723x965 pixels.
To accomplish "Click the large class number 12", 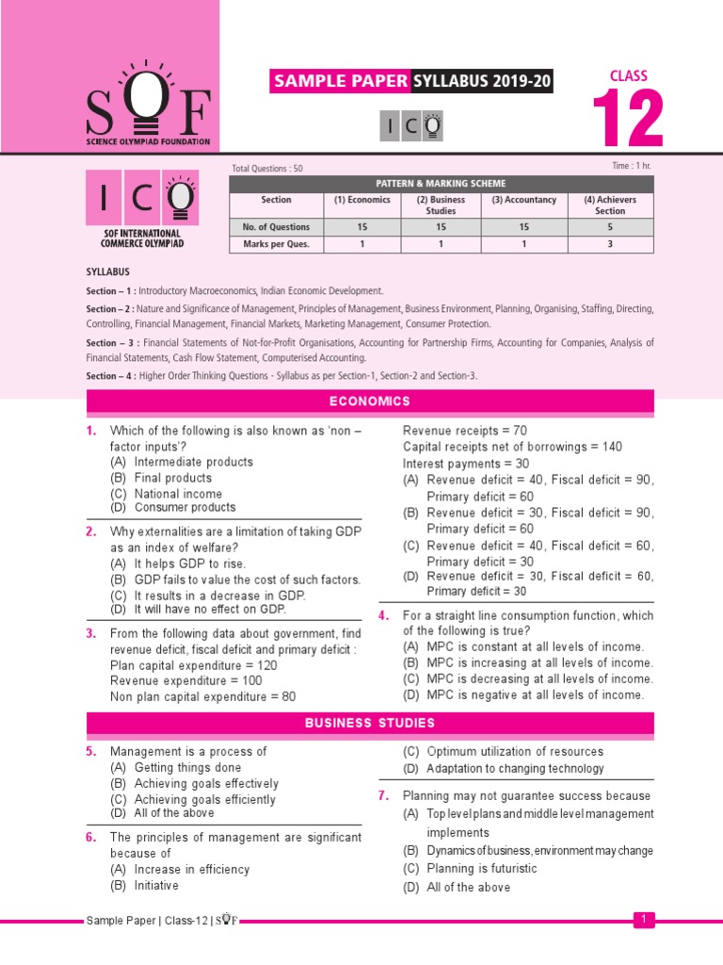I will coord(628,119).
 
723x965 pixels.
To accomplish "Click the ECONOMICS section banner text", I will coord(370,401).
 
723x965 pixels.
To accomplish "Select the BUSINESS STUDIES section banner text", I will coord(370,723).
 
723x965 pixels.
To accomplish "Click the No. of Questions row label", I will coord(277,226).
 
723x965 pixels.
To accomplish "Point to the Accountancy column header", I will coord(523,200).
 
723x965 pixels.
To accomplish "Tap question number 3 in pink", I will coord(92,634).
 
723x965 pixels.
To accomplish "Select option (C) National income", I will coord(167,493).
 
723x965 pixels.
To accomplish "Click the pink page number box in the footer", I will coord(644,919).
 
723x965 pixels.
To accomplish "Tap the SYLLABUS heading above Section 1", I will coord(108,271).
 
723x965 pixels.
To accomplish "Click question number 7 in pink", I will coord(384,795).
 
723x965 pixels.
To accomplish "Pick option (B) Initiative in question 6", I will coord(144,885).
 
